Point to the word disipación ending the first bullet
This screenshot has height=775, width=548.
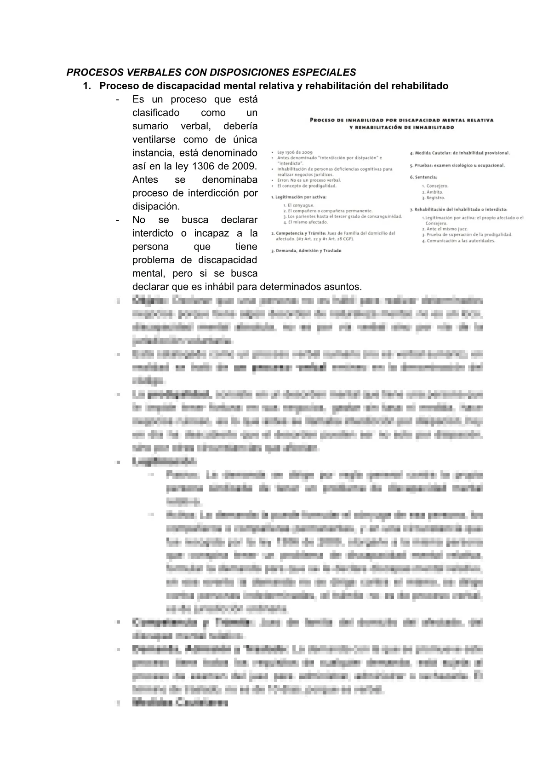156,206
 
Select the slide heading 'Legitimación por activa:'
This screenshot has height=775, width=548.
299,197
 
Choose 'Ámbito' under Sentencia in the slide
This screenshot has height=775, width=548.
434,192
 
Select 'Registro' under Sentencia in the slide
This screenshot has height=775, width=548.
436,198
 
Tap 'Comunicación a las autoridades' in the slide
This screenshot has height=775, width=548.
461,241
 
